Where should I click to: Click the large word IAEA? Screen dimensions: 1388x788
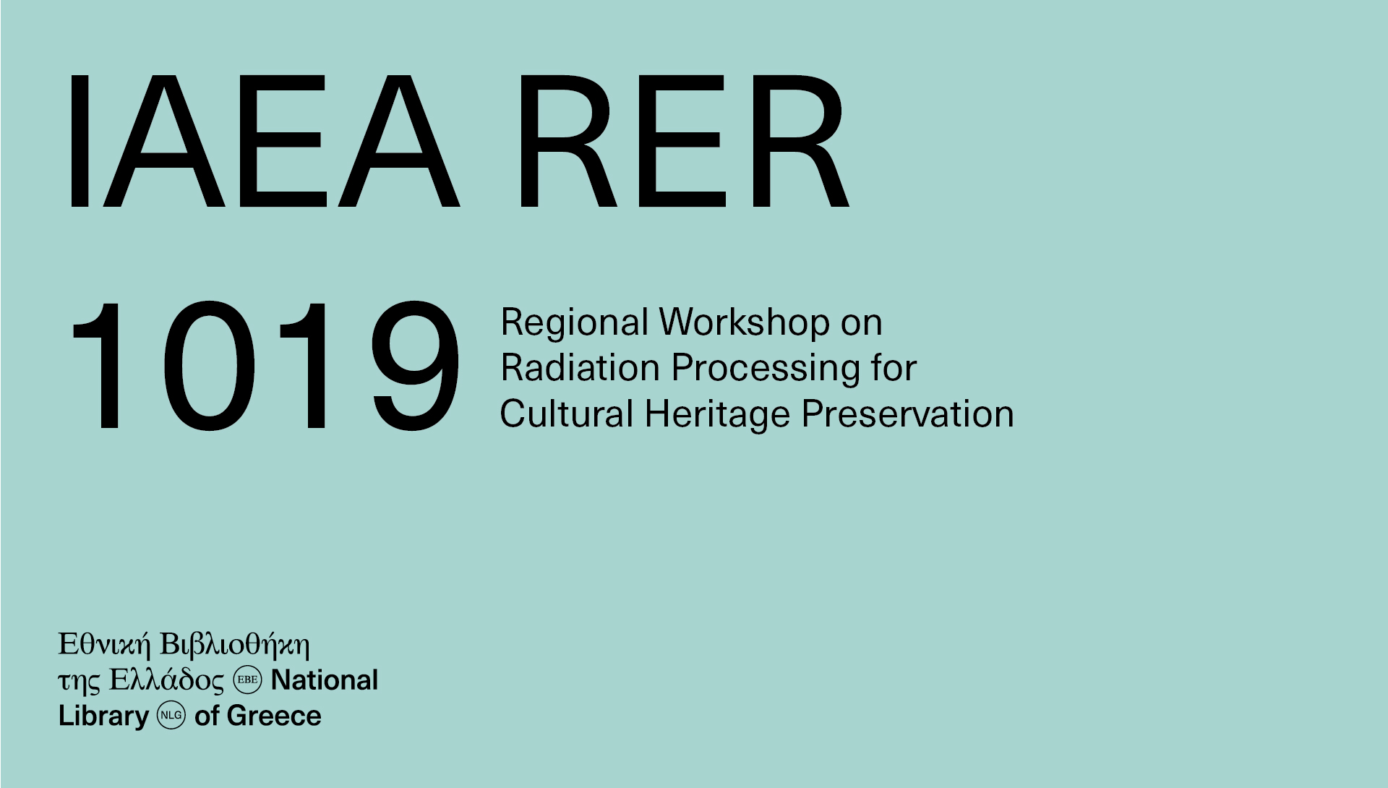tap(263, 141)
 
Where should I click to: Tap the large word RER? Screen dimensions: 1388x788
tap(683, 141)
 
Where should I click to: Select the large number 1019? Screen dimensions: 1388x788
tap(265, 366)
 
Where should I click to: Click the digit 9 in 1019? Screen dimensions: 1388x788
tap(416, 366)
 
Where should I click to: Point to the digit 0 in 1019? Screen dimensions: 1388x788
tap(210, 366)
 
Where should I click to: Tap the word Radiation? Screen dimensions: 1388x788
tap(581, 368)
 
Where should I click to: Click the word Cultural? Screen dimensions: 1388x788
tap(567, 414)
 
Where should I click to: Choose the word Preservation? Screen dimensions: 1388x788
tap(908, 414)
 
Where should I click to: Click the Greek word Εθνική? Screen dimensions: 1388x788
tap(104, 645)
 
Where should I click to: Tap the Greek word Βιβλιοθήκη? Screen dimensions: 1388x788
tap(234, 645)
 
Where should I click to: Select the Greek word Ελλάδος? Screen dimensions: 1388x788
tap(167, 681)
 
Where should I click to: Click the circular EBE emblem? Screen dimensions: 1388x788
tap(247, 680)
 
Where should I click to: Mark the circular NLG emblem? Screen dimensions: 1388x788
tap(171, 715)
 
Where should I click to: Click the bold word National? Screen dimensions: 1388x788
tap(325, 680)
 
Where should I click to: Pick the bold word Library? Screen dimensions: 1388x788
tap(103, 716)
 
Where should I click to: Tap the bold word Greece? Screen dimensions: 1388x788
tap(274, 716)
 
